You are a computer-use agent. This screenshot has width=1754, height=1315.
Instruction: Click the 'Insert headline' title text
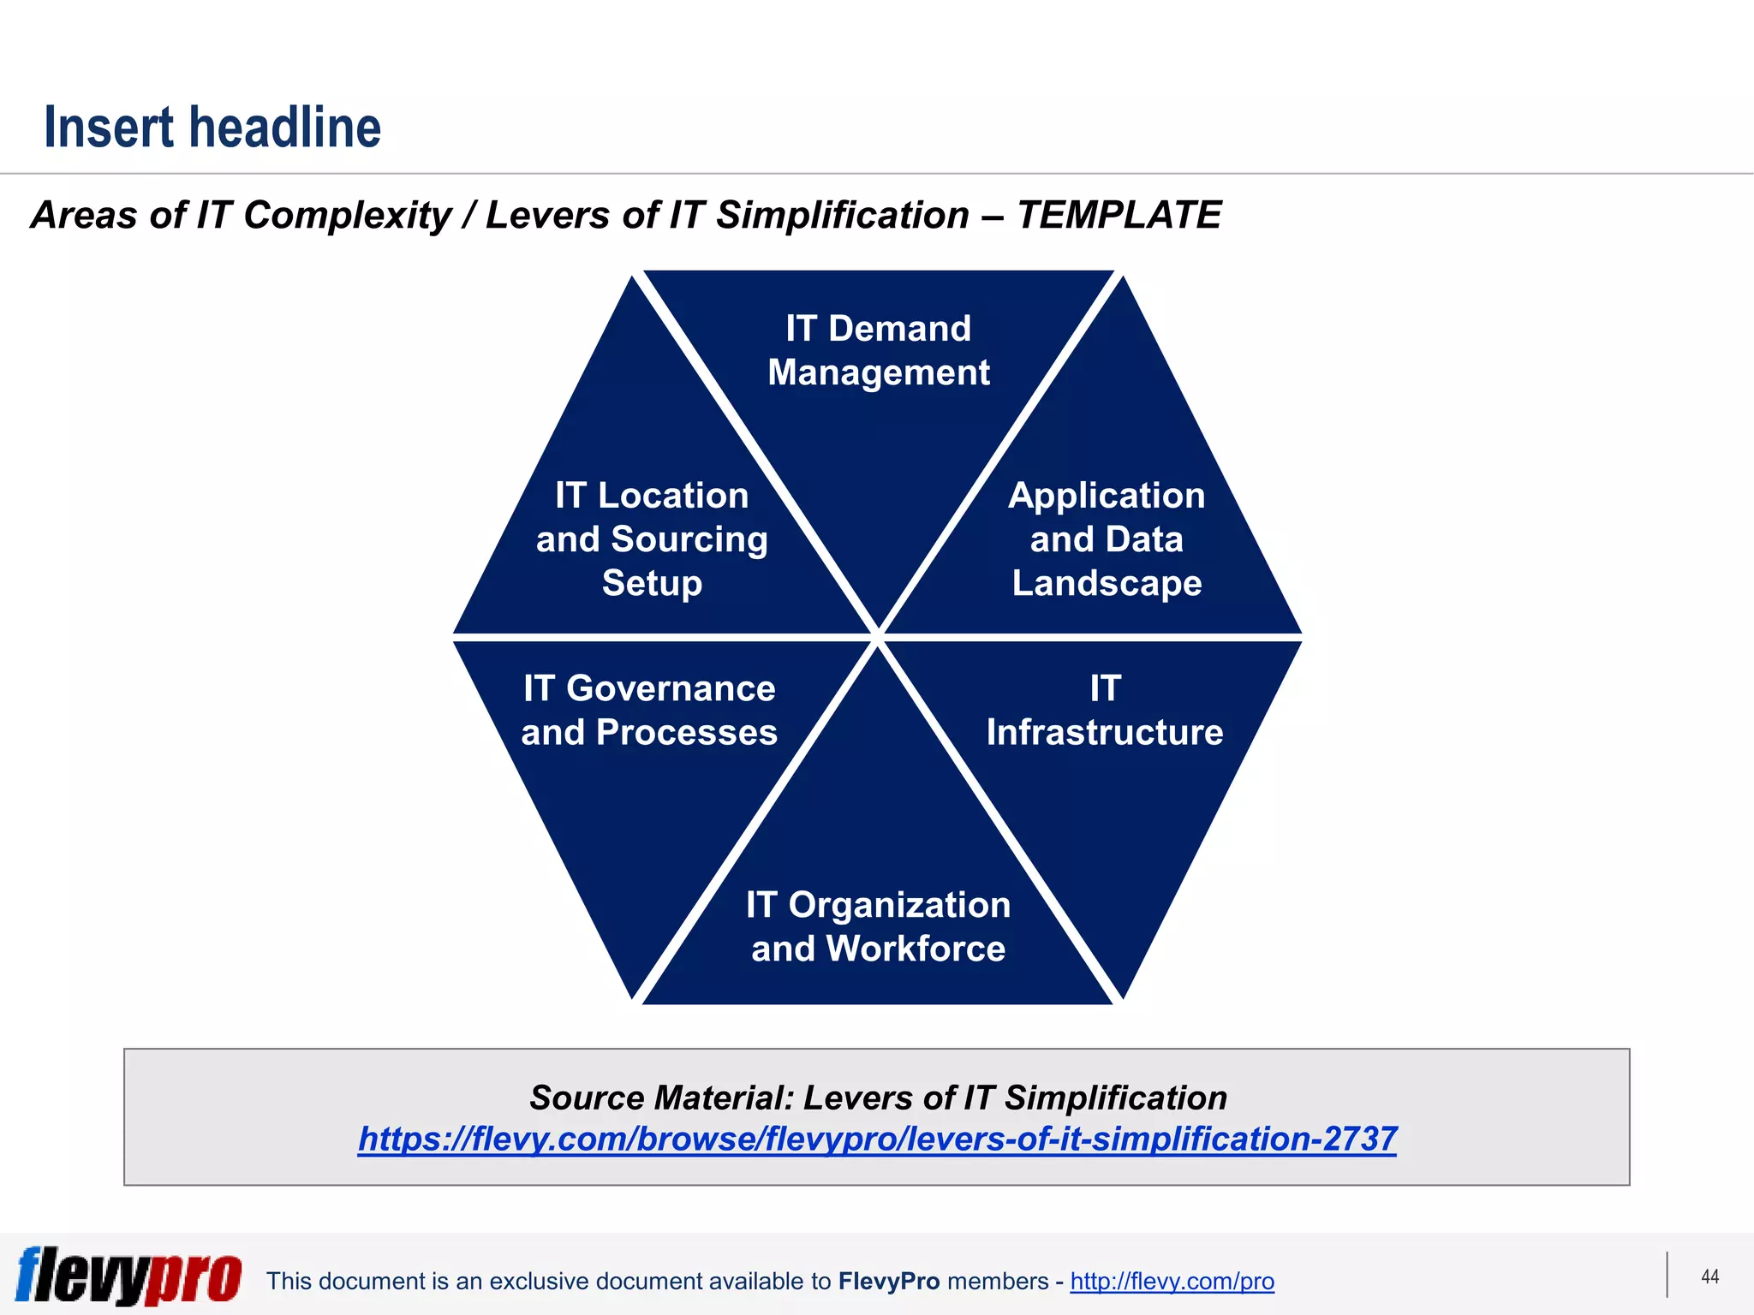[212, 128]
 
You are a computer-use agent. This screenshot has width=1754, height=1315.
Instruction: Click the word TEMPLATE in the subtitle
[1119, 215]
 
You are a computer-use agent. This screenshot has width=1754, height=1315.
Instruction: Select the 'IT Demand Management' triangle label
[878, 350]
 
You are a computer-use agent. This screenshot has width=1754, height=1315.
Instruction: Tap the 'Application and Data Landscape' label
[1107, 539]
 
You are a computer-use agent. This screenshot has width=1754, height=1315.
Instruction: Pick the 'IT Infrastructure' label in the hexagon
[1104, 711]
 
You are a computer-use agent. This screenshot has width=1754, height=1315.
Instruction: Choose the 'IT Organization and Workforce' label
[878, 926]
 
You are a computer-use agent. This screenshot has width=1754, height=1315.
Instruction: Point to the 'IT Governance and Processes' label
[649, 711]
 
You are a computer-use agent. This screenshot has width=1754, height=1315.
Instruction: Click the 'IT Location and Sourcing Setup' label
[652, 539]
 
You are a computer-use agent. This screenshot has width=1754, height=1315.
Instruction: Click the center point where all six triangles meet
[878, 638]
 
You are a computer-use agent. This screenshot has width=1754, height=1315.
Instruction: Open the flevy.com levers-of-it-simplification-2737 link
[877, 1139]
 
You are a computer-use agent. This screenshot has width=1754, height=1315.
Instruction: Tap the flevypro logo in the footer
[128, 1276]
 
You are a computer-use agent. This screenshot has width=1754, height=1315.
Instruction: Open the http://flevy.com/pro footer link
[1172, 1281]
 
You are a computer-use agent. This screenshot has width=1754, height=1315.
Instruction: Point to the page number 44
[1709, 1276]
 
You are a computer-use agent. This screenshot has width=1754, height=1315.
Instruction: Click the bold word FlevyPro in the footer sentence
[889, 1281]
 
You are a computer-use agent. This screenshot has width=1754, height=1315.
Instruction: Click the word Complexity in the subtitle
[347, 215]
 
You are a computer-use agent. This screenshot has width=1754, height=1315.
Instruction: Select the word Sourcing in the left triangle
[689, 539]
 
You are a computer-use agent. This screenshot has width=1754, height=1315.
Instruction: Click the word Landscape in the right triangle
[1107, 583]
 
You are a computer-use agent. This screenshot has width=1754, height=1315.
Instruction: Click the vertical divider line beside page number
[1667, 1275]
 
